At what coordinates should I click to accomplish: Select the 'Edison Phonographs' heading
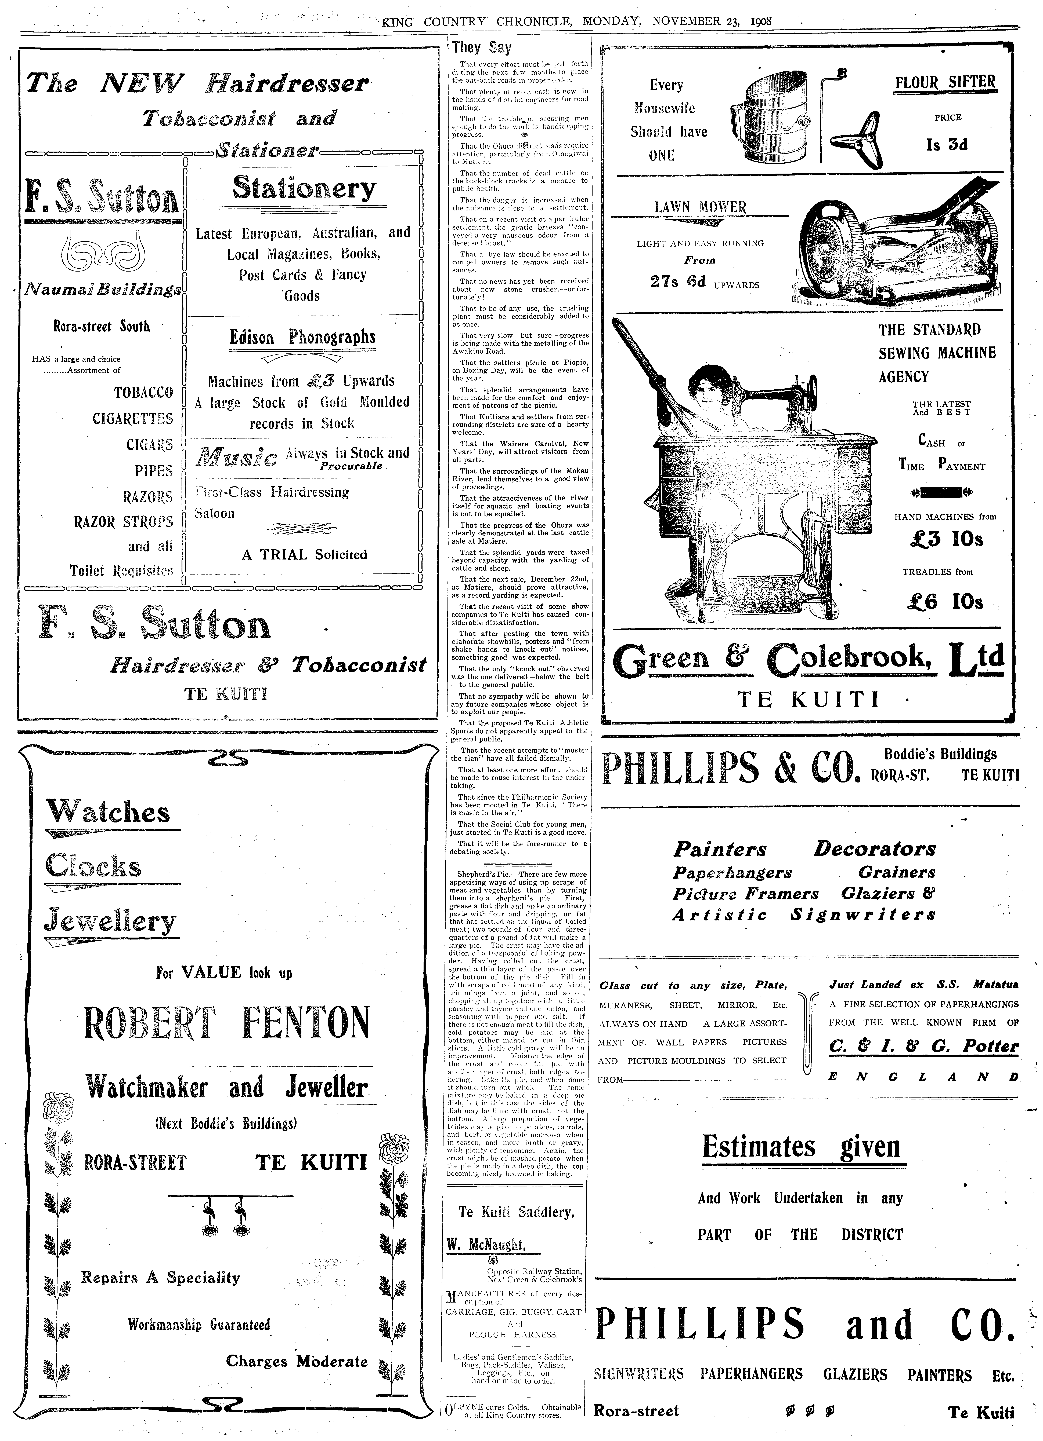click(x=302, y=337)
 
